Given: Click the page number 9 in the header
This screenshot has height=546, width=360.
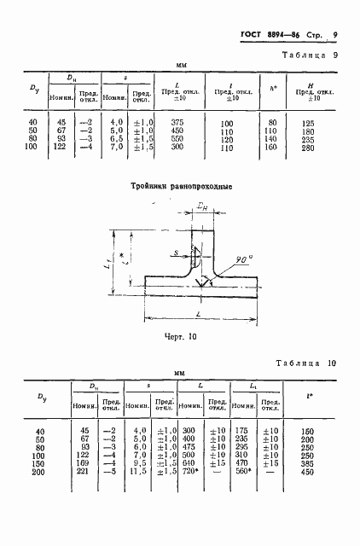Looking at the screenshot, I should click(336, 35).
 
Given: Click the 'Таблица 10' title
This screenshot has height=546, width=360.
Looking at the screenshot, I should click(310, 363).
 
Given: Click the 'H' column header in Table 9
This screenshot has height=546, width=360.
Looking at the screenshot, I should click(309, 85).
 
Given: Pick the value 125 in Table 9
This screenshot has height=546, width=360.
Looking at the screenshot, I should click(309, 124).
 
